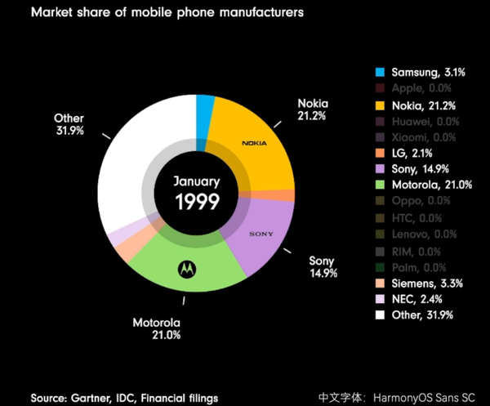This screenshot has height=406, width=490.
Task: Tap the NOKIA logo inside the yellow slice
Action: point(255,143)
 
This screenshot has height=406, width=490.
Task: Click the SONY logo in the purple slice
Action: point(261,234)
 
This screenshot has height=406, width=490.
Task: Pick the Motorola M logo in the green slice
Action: point(187,267)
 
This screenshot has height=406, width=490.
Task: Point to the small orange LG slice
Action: point(287,195)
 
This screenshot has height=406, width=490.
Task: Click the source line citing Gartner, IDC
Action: point(124,398)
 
